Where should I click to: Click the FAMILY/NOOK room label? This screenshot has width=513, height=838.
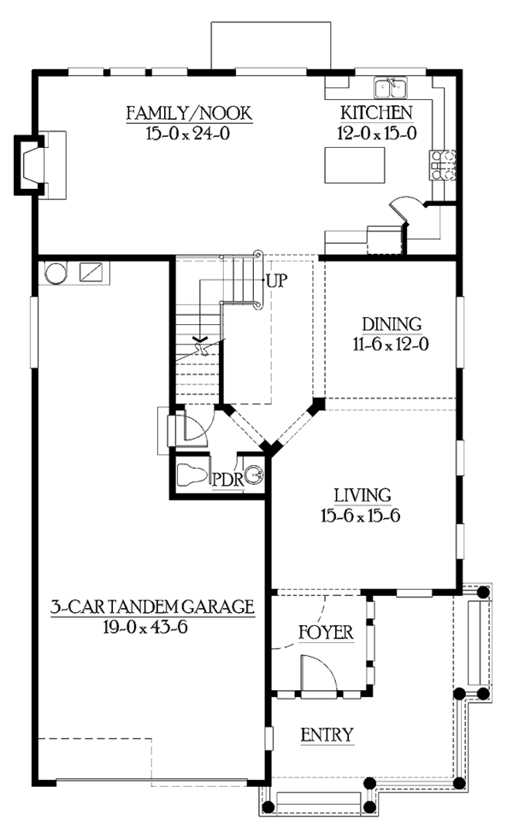coord(189,113)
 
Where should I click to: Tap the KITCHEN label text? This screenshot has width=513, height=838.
coord(376,113)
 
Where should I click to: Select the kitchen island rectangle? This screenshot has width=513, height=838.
coord(355,164)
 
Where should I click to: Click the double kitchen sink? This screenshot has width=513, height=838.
coord(392,87)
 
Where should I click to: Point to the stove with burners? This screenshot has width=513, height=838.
coord(443,164)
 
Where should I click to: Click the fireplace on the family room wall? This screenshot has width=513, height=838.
coord(30,165)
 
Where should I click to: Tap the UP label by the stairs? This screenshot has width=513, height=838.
coord(276,280)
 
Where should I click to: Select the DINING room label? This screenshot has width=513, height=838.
coord(392,324)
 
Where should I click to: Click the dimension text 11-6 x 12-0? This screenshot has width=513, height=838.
coord(390,344)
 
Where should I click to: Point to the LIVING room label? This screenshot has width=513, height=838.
coord(363,495)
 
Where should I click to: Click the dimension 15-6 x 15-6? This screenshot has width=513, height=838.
coord(361,516)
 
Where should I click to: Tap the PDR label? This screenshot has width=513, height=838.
coord(228,480)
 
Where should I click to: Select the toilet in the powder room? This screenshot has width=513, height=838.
coord(192,474)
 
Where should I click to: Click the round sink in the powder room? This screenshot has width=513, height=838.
coord(255,475)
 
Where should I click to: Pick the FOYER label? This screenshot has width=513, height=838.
coord(326,633)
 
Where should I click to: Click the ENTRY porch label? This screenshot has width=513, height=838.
coord(327,735)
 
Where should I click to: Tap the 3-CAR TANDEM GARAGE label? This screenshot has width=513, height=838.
coord(152,606)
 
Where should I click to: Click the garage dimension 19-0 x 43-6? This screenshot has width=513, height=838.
coord(144,627)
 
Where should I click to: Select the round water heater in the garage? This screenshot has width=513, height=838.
coord(56,273)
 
